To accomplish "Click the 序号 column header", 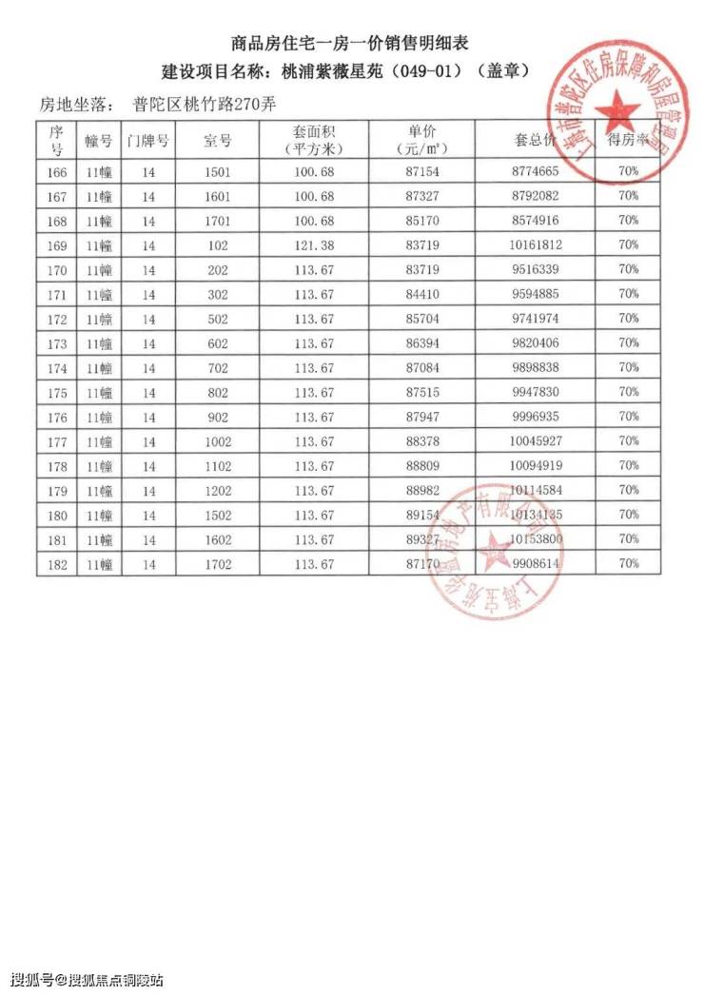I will coord(56,141).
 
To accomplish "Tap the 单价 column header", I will coord(420,140).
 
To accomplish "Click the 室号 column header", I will coord(218,141).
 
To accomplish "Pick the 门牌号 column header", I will coord(148,141).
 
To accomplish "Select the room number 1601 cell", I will coord(218,196).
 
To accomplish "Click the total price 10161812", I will coord(536,244).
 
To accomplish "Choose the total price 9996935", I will coord(536,417).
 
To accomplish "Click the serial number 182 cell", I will coord(56,564).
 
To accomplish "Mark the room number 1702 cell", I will coord(218,564).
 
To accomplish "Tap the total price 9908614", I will coord(536,564).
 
